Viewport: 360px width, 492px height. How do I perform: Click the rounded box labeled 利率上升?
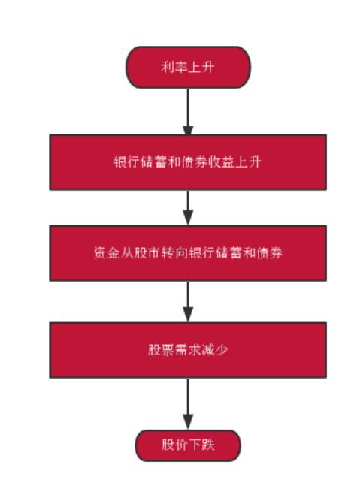(188, 67)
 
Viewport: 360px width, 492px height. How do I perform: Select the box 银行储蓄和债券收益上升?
(188, 162)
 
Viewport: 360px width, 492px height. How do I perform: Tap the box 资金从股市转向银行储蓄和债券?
(188, 253)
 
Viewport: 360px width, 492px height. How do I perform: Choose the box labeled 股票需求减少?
(188, 350)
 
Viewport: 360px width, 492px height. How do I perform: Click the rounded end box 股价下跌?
(188, 445)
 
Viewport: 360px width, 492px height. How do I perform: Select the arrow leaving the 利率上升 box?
(188, 112)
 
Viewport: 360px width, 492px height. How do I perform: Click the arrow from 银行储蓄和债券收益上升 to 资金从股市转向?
(188, 208)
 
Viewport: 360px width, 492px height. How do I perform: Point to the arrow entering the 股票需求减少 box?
(188, 301)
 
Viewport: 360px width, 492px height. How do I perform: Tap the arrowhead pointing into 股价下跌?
(188, 423)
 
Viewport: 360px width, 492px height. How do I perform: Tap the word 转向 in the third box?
(174, 253)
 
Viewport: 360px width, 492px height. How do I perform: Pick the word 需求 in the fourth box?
(188, 350)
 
